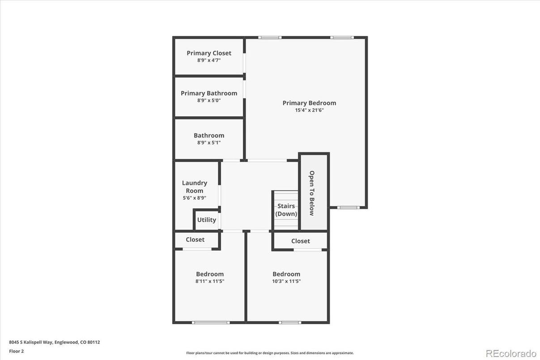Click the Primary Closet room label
(x=209, y=53)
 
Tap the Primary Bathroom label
(x=209, y=93)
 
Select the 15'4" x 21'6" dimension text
(x=309, y=110)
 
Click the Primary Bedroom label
(x=309, y=103)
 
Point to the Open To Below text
(x=312, y=193)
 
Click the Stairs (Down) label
(x=286, y=210)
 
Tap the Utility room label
(x=207, y=220)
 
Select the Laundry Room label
(x=195, y=187)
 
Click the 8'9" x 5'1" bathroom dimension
(x=209, y=143)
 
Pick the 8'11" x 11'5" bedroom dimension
(x=210, y=282)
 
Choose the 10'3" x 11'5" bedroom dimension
(x=286, y=282)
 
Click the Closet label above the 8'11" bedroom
(x=195, y=240)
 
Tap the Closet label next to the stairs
(x=300, y=241)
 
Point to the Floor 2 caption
(x=17, y=351)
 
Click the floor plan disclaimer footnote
(x=270, y=353)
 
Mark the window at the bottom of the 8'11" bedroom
(x=211, y=322)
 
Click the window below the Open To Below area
(x=348, y=207)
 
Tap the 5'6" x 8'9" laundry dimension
(x=195, y=197)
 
